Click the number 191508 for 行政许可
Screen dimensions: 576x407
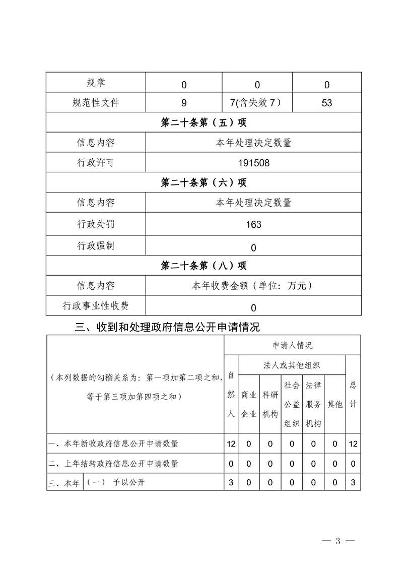point(253,163)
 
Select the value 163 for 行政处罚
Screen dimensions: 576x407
point(253,224)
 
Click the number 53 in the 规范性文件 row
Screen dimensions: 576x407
point(326,103)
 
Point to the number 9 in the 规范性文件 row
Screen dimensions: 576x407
point(184,103)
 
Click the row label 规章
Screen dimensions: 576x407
point(96,83)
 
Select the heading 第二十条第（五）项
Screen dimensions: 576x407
point(203,122)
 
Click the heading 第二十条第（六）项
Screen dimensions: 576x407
point(203,182)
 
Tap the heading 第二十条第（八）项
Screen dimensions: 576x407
point(203,265)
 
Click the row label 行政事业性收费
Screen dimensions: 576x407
point(96,306)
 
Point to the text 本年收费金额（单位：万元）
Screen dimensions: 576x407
point(253,286)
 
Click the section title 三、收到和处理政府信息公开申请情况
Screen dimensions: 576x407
point(167,327)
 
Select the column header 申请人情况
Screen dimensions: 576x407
point(292,345)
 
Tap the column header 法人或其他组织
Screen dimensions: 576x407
point(292,365)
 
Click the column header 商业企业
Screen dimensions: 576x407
point(249,404)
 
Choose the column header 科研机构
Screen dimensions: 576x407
point(270,404)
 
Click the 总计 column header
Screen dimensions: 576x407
point(353,394)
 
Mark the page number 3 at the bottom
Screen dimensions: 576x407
point(338,542)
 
